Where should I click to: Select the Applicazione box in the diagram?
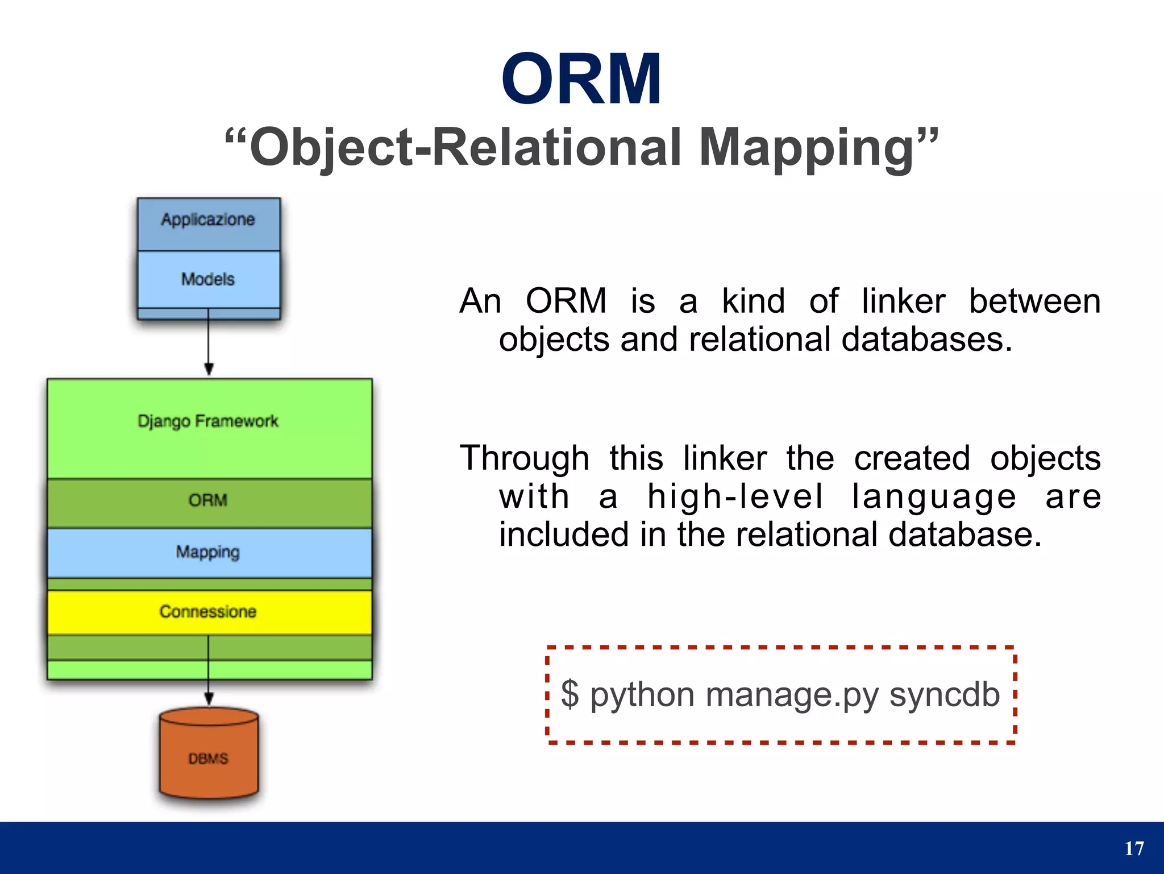click(208, 220)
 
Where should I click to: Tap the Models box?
click(208, 279)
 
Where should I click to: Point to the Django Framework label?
click(208, 421)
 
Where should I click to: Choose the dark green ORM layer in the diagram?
click(208, 501)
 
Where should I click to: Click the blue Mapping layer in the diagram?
click(208, 552)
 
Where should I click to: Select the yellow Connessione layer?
click(208, 612)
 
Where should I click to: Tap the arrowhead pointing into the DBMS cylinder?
click(209, 699)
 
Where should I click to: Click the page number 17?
click(1134, 849)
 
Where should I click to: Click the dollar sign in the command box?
click(569, 694)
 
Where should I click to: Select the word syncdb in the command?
click(944, 694)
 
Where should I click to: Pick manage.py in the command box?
click(792, 695)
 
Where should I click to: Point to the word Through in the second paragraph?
click(524, 458)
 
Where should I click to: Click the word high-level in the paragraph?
click(735, 497)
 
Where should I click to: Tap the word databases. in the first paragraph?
click(926, 339)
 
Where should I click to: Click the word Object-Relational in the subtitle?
click(465, 148)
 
